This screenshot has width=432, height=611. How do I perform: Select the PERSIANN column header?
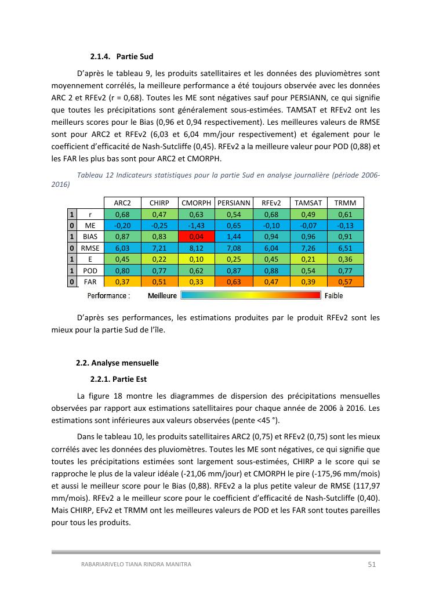(x=234, y=203)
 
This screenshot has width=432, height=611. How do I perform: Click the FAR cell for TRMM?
(x=346, y=282)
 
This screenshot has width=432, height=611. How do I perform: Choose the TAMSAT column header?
(x=308, y=203)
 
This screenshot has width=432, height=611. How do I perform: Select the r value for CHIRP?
(x=159, y=215)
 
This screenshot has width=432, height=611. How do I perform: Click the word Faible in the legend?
(x=334, y=295)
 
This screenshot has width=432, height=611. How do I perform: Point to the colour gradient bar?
(x=251, y=295)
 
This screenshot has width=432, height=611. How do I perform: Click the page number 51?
(x=372, y=564)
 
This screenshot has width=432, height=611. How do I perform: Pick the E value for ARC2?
(x=122, y=259)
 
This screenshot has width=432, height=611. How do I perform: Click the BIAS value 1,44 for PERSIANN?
(x=234, y=237)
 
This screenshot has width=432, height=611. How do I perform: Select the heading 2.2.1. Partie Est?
(x=118, y=379)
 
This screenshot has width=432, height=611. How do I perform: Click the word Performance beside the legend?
(x=108, y=295)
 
